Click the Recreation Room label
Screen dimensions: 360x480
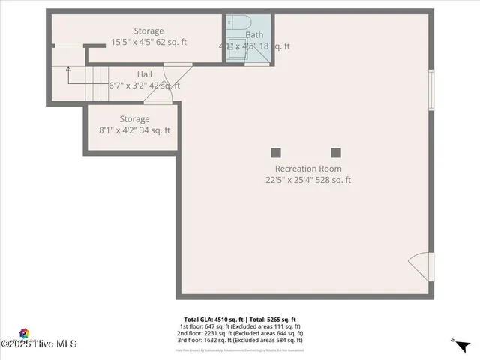point(307,169)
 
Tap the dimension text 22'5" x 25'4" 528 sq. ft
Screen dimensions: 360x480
point(307,180)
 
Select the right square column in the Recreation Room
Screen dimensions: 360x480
point(335,152)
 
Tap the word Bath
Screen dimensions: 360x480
point(254,34)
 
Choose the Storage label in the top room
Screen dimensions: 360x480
point(148,31)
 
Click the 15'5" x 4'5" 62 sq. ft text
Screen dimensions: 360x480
point(148,43)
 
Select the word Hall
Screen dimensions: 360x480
point(144,74)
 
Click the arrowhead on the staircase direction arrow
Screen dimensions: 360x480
point(68,69)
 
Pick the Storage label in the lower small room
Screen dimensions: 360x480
point(135,118)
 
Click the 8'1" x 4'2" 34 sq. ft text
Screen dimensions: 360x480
point(135,130)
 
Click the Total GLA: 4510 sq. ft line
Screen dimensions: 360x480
point(240,319)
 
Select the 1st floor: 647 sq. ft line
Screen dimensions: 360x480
point(240,326)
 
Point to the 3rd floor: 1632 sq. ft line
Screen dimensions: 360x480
point(240,341)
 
